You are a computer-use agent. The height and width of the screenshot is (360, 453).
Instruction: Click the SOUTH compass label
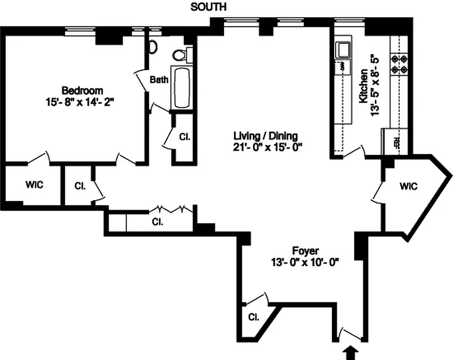tap(209, 7)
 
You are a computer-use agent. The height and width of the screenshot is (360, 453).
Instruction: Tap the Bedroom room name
tap(82, 90)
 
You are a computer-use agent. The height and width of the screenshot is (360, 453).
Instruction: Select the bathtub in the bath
tap(182, 88)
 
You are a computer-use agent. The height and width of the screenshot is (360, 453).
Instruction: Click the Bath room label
tap(159, 80)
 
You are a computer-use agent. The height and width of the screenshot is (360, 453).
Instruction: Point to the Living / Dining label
tap(265, 135)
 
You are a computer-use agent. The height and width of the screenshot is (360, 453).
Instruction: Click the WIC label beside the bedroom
tap(34, 185)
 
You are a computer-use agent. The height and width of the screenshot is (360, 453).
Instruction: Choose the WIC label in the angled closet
tap(408, 186)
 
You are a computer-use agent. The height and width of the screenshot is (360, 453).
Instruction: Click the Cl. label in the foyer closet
tap(254, 317)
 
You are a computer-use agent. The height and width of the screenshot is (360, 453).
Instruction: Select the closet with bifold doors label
tap(157, 221)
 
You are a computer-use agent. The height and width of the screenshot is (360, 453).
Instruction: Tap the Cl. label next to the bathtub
tap(184, 137)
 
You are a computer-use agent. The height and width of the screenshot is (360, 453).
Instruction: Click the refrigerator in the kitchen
tap(396, 142)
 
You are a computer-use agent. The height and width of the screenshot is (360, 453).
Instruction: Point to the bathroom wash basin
tap(152, 46)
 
